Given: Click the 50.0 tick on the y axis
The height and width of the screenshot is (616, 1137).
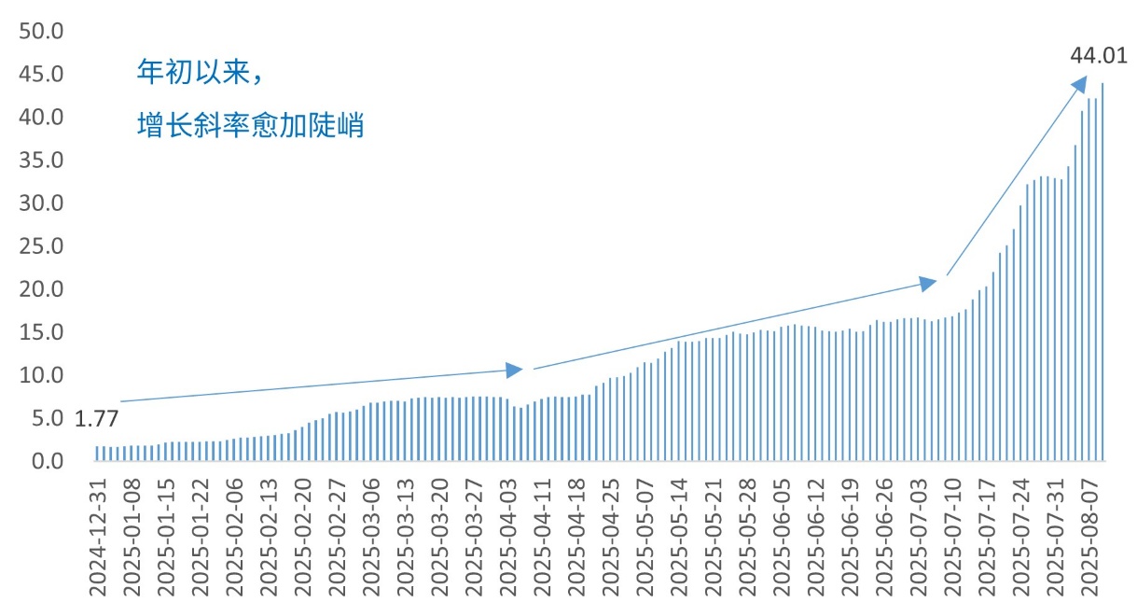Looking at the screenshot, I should click(x=41, y=31).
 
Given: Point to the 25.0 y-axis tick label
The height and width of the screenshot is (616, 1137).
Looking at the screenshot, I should click(x=41, y=246).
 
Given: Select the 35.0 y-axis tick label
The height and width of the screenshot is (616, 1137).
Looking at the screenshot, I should click(x=41, y=161).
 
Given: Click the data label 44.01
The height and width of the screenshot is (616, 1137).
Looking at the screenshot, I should click(x=1098, y=56).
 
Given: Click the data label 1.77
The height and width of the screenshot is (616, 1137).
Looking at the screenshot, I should click(x=96, y=419).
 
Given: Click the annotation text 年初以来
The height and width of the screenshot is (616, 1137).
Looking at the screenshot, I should click(x=190, y=72).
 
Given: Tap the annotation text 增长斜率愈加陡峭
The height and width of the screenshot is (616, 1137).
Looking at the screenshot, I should click(x=249, y=124).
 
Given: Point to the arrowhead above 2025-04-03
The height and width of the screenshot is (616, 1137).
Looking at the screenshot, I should click(x=514, y=370).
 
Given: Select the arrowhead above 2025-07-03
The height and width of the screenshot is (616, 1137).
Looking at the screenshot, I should click(x=928, y=283).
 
